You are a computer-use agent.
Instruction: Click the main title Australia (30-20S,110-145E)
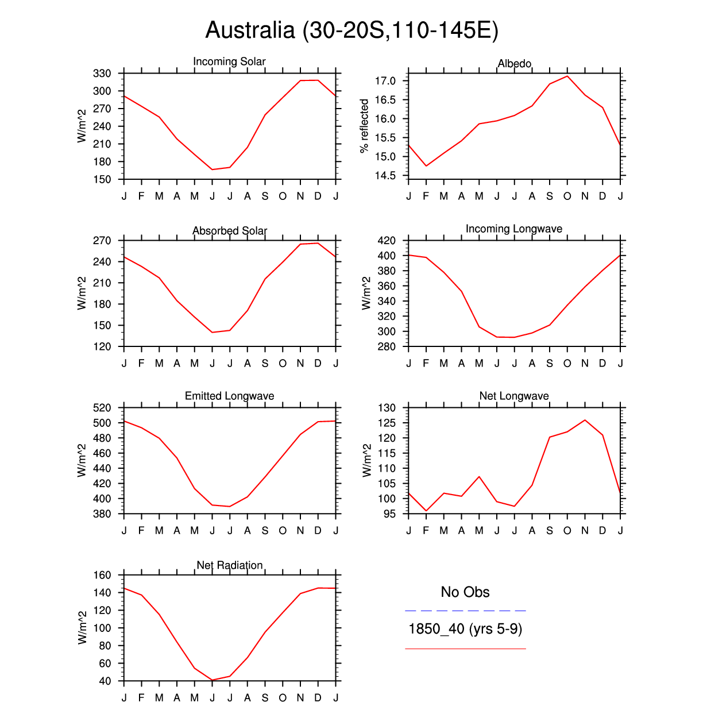351,30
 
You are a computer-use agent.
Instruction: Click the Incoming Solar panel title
229,61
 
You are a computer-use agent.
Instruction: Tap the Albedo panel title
514,63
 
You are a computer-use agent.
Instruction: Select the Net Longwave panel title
514,396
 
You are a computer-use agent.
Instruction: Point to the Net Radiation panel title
229,565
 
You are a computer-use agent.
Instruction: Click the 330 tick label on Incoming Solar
102,74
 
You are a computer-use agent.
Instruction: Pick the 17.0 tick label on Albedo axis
385,81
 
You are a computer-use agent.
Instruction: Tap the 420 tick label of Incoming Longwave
387,241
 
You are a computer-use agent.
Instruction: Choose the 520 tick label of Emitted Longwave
102,408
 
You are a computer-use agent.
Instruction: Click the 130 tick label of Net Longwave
387,408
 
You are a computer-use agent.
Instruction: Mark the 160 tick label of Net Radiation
102,575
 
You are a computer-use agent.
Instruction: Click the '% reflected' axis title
364,126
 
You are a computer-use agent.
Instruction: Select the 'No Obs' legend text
465,592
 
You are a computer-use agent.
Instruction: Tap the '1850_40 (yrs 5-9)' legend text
465,629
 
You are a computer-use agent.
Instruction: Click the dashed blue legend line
465,611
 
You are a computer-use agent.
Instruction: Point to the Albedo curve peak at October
567,76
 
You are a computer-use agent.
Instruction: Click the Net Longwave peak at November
585,420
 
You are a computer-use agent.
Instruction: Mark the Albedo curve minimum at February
426,166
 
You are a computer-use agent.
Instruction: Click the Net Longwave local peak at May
479,476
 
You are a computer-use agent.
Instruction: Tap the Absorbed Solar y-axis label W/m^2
82,293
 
